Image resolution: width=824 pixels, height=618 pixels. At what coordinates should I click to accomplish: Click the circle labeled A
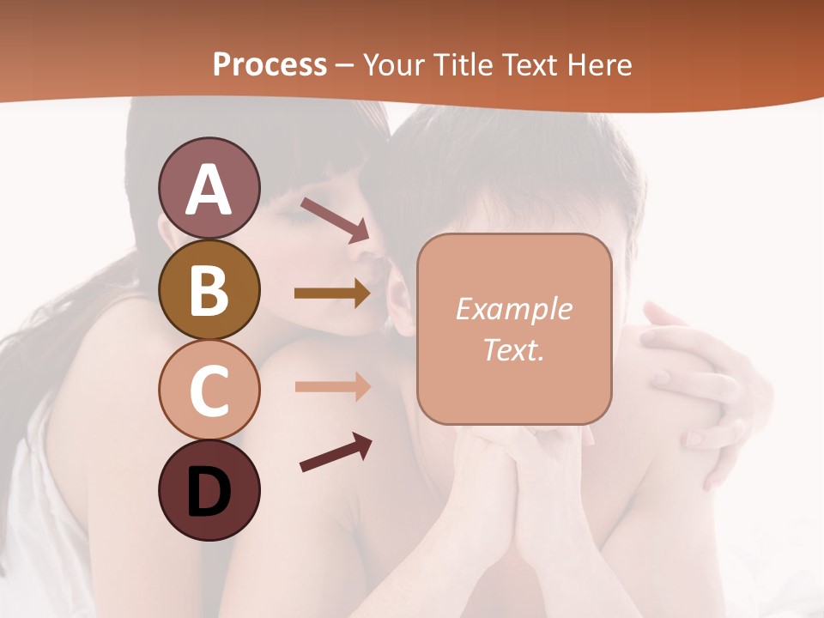(x=209, y=188)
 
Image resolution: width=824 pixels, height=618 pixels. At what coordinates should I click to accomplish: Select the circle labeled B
(x=209, y=289)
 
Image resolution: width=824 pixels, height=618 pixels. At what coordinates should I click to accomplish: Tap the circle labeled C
(x=209, y=390)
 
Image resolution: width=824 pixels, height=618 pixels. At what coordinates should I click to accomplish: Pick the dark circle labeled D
(x=209, y=490)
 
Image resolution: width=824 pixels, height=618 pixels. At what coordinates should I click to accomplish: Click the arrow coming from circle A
(x=336, y=219)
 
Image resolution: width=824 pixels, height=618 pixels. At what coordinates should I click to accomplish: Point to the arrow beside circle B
(x=332, y=294)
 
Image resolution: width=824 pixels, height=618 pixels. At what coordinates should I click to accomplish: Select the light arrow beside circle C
(x=332, y=386)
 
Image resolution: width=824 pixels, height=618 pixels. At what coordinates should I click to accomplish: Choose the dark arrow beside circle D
(x=336, y=452)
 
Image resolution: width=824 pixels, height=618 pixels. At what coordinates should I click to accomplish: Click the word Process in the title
(x=270, y=64)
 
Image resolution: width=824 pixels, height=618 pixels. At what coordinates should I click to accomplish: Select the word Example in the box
(x=514, y=309)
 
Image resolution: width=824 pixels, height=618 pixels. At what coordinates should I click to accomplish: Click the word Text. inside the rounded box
(x=514, y=349)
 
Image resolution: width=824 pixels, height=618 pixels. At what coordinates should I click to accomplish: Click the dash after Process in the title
(x=345, y=66)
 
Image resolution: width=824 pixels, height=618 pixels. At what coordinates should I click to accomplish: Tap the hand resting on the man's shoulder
(x=695, y=378)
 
